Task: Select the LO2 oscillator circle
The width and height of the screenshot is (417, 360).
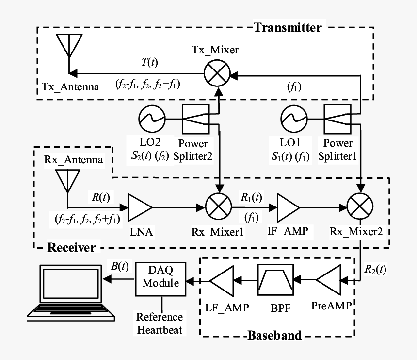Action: [152, 119]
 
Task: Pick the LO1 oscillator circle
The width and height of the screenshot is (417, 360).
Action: [294, 119]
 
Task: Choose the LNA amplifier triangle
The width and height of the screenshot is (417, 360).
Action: [140, 207]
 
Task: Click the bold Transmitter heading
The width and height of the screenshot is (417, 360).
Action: [287, 27]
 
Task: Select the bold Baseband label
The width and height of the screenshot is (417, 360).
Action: [273, 335]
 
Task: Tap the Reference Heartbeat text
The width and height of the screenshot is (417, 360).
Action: [160, 324]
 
